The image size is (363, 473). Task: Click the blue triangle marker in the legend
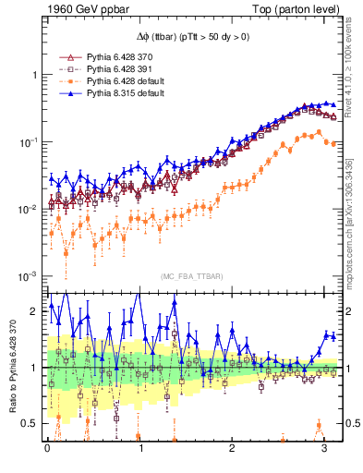pyautogui.click(x=66, y=94)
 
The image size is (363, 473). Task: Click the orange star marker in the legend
pyautogui.click(x=66, y=81)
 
